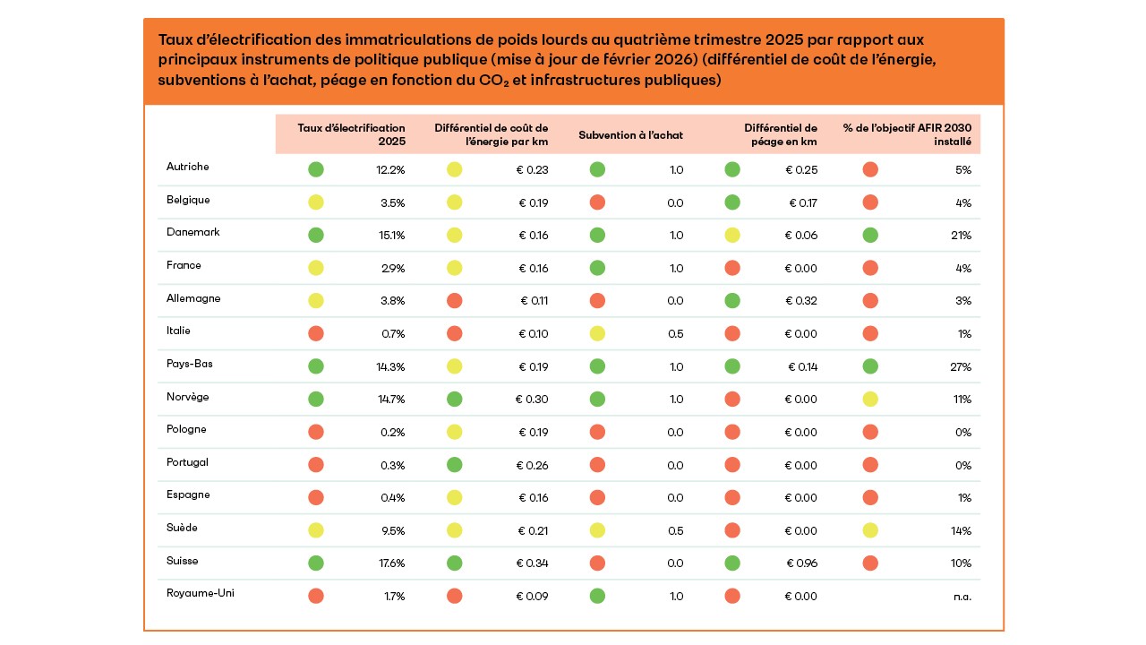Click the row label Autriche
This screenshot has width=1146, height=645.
click(x=187, y=167)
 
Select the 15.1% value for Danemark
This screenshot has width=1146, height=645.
click(x=392, y=236)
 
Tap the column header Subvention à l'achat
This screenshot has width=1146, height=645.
click(x=630, y=135)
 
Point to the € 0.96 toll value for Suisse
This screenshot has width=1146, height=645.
click(x=800, y=563)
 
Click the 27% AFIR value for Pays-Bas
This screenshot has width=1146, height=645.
click(x=962, y=366)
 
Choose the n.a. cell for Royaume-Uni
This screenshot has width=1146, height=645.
click(x=962, y=596)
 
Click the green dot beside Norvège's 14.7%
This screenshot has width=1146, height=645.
click(x=316, y=399)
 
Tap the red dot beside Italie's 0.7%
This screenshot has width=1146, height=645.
click(x=316, y=333)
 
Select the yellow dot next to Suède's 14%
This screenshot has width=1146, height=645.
click(x=870, y=530)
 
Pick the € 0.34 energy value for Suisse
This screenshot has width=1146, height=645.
click(x=533, y=563)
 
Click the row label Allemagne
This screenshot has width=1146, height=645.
click(x=193, y=298)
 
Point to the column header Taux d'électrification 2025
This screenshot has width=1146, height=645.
click(x=351, y=134)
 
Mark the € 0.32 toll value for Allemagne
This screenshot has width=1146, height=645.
click(x=800, y=301)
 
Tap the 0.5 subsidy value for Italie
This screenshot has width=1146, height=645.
click(x=675, y=334)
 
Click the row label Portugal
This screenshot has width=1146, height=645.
click(x=187, y=462)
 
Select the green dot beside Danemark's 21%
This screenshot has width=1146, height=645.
click(x=870, y=235)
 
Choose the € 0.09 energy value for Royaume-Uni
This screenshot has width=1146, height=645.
click(x=533, y=596)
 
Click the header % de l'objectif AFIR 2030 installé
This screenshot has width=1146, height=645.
click(x=907, y=134)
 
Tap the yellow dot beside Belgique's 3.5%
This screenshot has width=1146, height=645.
click(x=316, y=202)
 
